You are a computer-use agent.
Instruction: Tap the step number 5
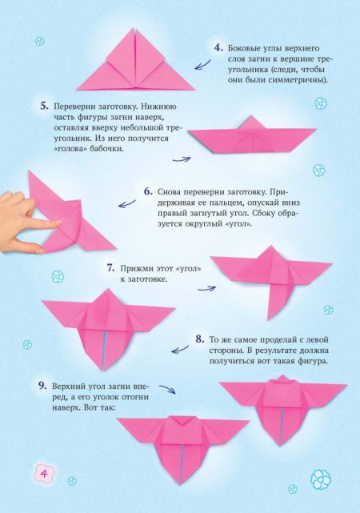pyautogui.click(x=43, y=105)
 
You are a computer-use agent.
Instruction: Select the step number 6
pyautogui.click(x=149, y=192)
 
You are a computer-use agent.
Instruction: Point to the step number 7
pyautogui.click(x=110, y=270)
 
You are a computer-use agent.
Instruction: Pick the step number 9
pyautogui.click(x=42, y=385)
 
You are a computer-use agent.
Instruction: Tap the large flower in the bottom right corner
pyautogui.click(x=322, y=479)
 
